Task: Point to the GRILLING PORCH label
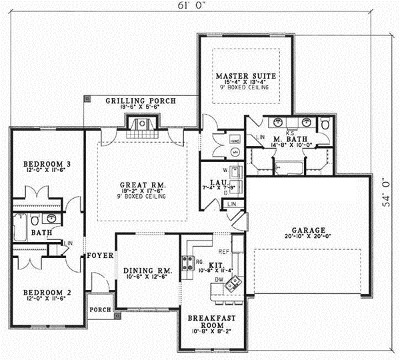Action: tap(141, 101)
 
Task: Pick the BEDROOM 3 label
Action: tap(43, 163)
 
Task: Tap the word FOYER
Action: tap(99, 255)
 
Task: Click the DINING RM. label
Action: tap(147, 271)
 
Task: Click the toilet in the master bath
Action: tap(325, 125)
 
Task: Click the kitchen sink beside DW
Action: tap(231, 285)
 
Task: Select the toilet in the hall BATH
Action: tap(51, 219)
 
